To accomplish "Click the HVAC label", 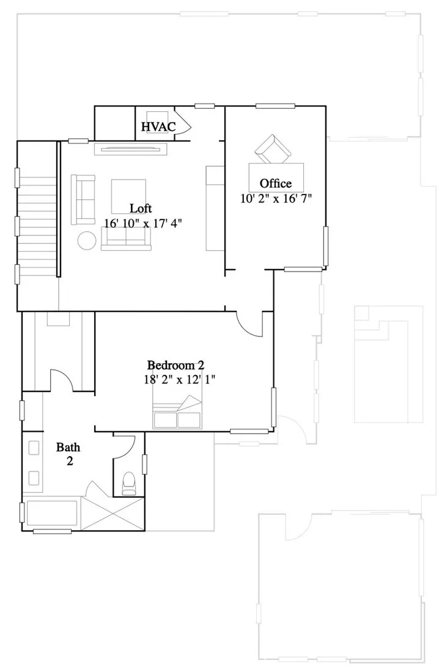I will click(x=158, y=127).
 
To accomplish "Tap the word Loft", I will click(x=141, y=208).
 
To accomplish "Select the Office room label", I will click(x=276, y=183).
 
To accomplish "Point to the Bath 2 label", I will click(x=68, y=454).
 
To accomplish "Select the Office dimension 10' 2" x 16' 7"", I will click(x=276, y=198).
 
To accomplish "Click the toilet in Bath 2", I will click(x=129, y=482).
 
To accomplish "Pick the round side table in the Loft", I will click(x=86, y=240).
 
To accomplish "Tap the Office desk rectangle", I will click(x=276, y=177).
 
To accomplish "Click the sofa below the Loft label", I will click(x=125, y=238).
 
